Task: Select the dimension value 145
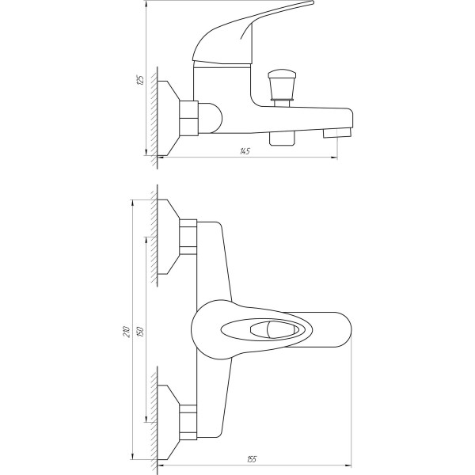pyautogui.click(x=246, y=151)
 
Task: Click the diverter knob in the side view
pyautogui.click(x=281, y=82)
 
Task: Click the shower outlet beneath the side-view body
pyautogui.click(x=281, y=138)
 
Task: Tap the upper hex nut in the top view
pyautogui.click(x=188, y=236)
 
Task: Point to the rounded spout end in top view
pyautogui.click(x=345, y=329)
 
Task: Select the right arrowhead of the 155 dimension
pyautogui.click(x=348, y=465)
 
